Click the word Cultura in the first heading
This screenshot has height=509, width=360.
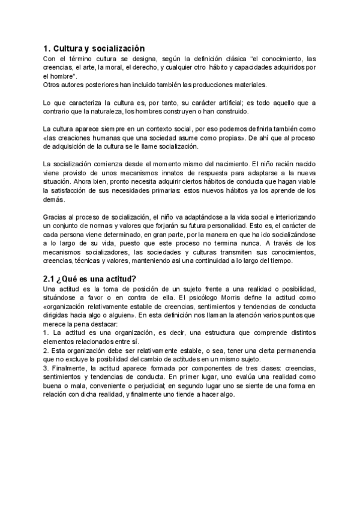[x=69, y=47]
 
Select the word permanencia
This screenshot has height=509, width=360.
[x=293, y=350]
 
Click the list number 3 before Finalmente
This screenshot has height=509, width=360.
[x=46, y=367]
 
